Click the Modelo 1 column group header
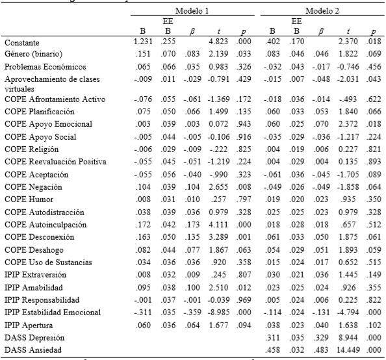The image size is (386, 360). pos(193,12)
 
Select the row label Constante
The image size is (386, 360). pos(22,43)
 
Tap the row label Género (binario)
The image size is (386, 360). pos(33,55)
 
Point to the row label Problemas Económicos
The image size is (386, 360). pos(43,68)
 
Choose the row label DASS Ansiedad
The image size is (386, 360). pos(34,350)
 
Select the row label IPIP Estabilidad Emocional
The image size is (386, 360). pos(54,313)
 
